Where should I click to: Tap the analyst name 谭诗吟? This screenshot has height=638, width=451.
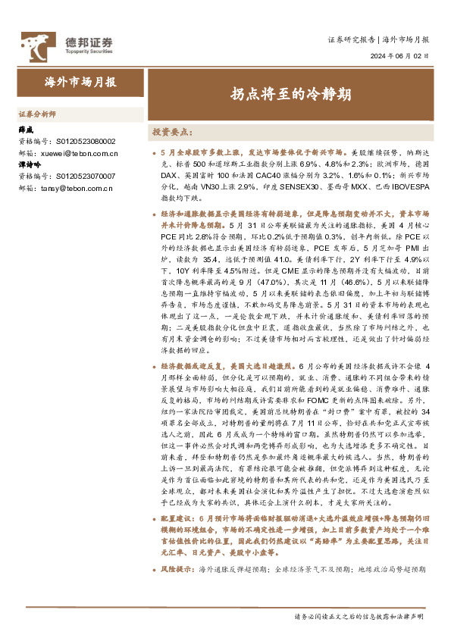click(30, 164)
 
